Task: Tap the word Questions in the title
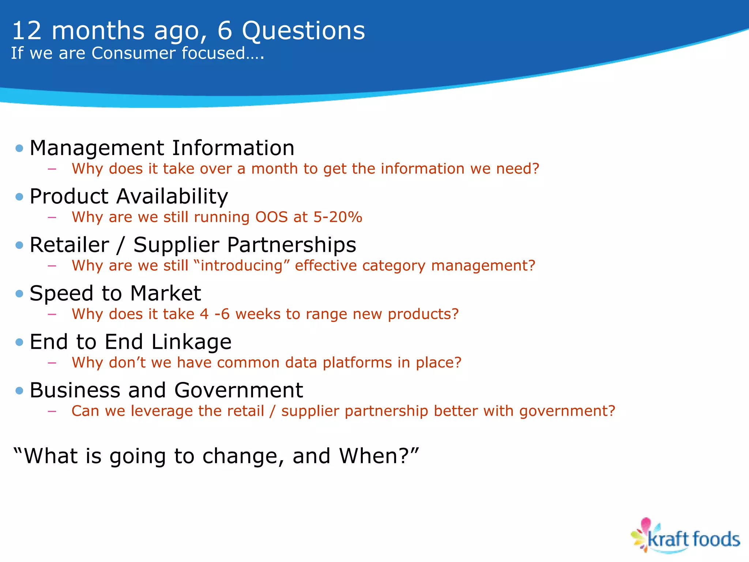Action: click(x=303, y=31)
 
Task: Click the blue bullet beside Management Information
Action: click(x=19, y=149)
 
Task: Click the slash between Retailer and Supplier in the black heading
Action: click(x=121, y=245)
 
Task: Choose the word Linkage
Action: click(x=191, y=342)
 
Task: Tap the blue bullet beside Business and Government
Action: click(x=19, y=391)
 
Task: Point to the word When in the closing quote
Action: click(x=373, y=456)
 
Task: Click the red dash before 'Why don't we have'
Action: click(x=52, y=363)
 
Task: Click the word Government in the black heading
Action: click(x=238, y=390)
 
